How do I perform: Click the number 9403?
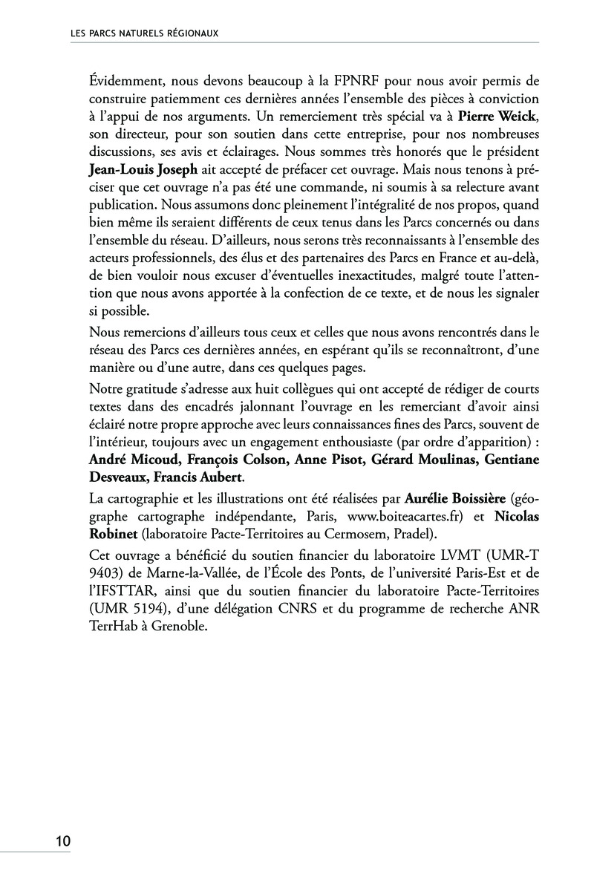click(105, 572)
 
